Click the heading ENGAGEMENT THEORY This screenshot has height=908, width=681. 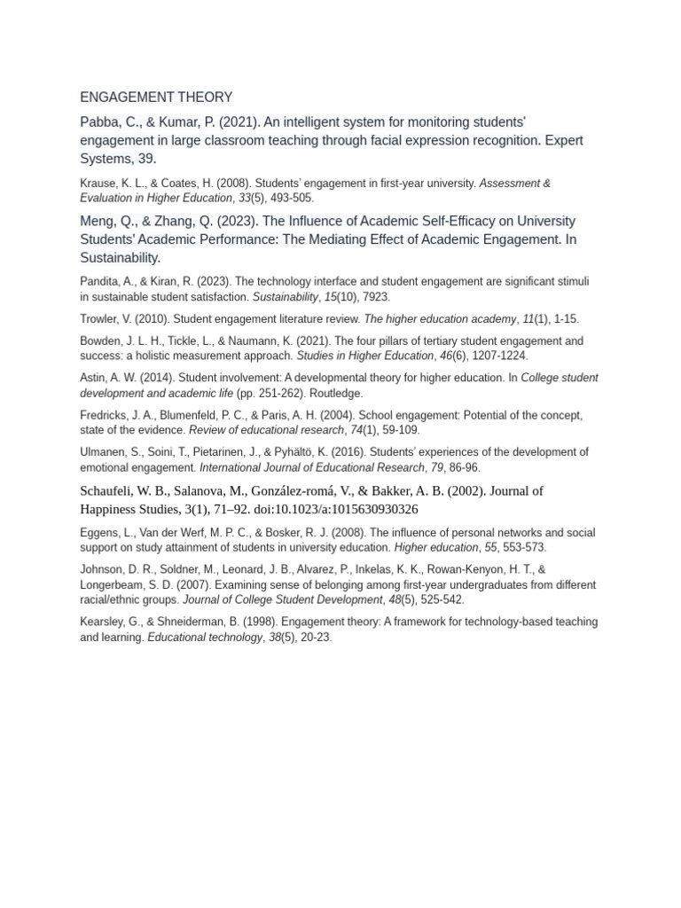156,97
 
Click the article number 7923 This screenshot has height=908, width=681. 375,297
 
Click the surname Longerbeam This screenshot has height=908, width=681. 113,585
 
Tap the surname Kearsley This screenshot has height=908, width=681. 103,622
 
